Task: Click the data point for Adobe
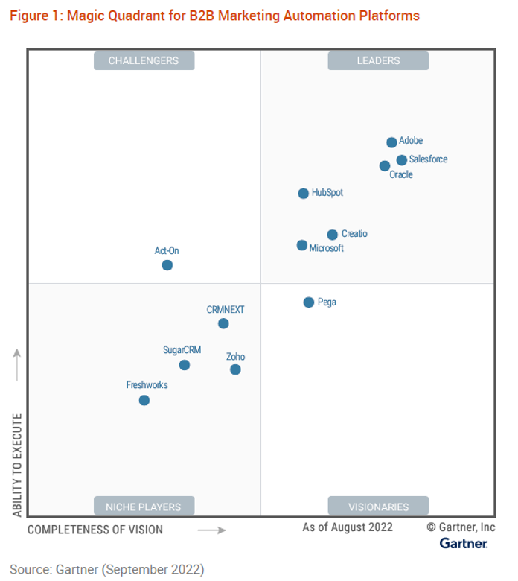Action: pyautogui.click(x=391, y=142)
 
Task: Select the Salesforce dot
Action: pyautogui.click(x=402, y=160)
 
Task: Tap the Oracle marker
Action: pyautogui.click(x=385, y=166)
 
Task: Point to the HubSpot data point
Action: pyautogui.click(x=304, y=194)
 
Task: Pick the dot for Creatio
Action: pyautogui.click(x=333, y=235)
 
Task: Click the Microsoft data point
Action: pyautogui.click(x=302, y=245)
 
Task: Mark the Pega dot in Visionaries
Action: pyautogui.click(x=309, y=302)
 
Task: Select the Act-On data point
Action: pyautogui.click(x=167, y=265)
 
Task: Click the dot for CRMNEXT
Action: pyautogui.click(x=223, y=323)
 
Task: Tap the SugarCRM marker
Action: pyautogui.click(x=185, y=365)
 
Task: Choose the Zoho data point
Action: pyautogui.click(x=235, y=369)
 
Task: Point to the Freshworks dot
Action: pyautogui.click(x=144, y=401)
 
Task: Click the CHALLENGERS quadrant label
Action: pyautogui.click(x=144, y=61)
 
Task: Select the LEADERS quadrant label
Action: pyautogui.click(x=378, y=61)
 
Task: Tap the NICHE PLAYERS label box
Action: pyautogui.click(x=144, y=507)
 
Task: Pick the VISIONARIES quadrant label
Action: pyautogui.click(x=378, y=507)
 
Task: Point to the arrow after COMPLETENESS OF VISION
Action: pyautogui.click(x=211, y=530)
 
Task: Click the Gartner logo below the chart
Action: pyautogui.click(x=463, y=544)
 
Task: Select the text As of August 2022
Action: pyautogui.click(x=348, y=527)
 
